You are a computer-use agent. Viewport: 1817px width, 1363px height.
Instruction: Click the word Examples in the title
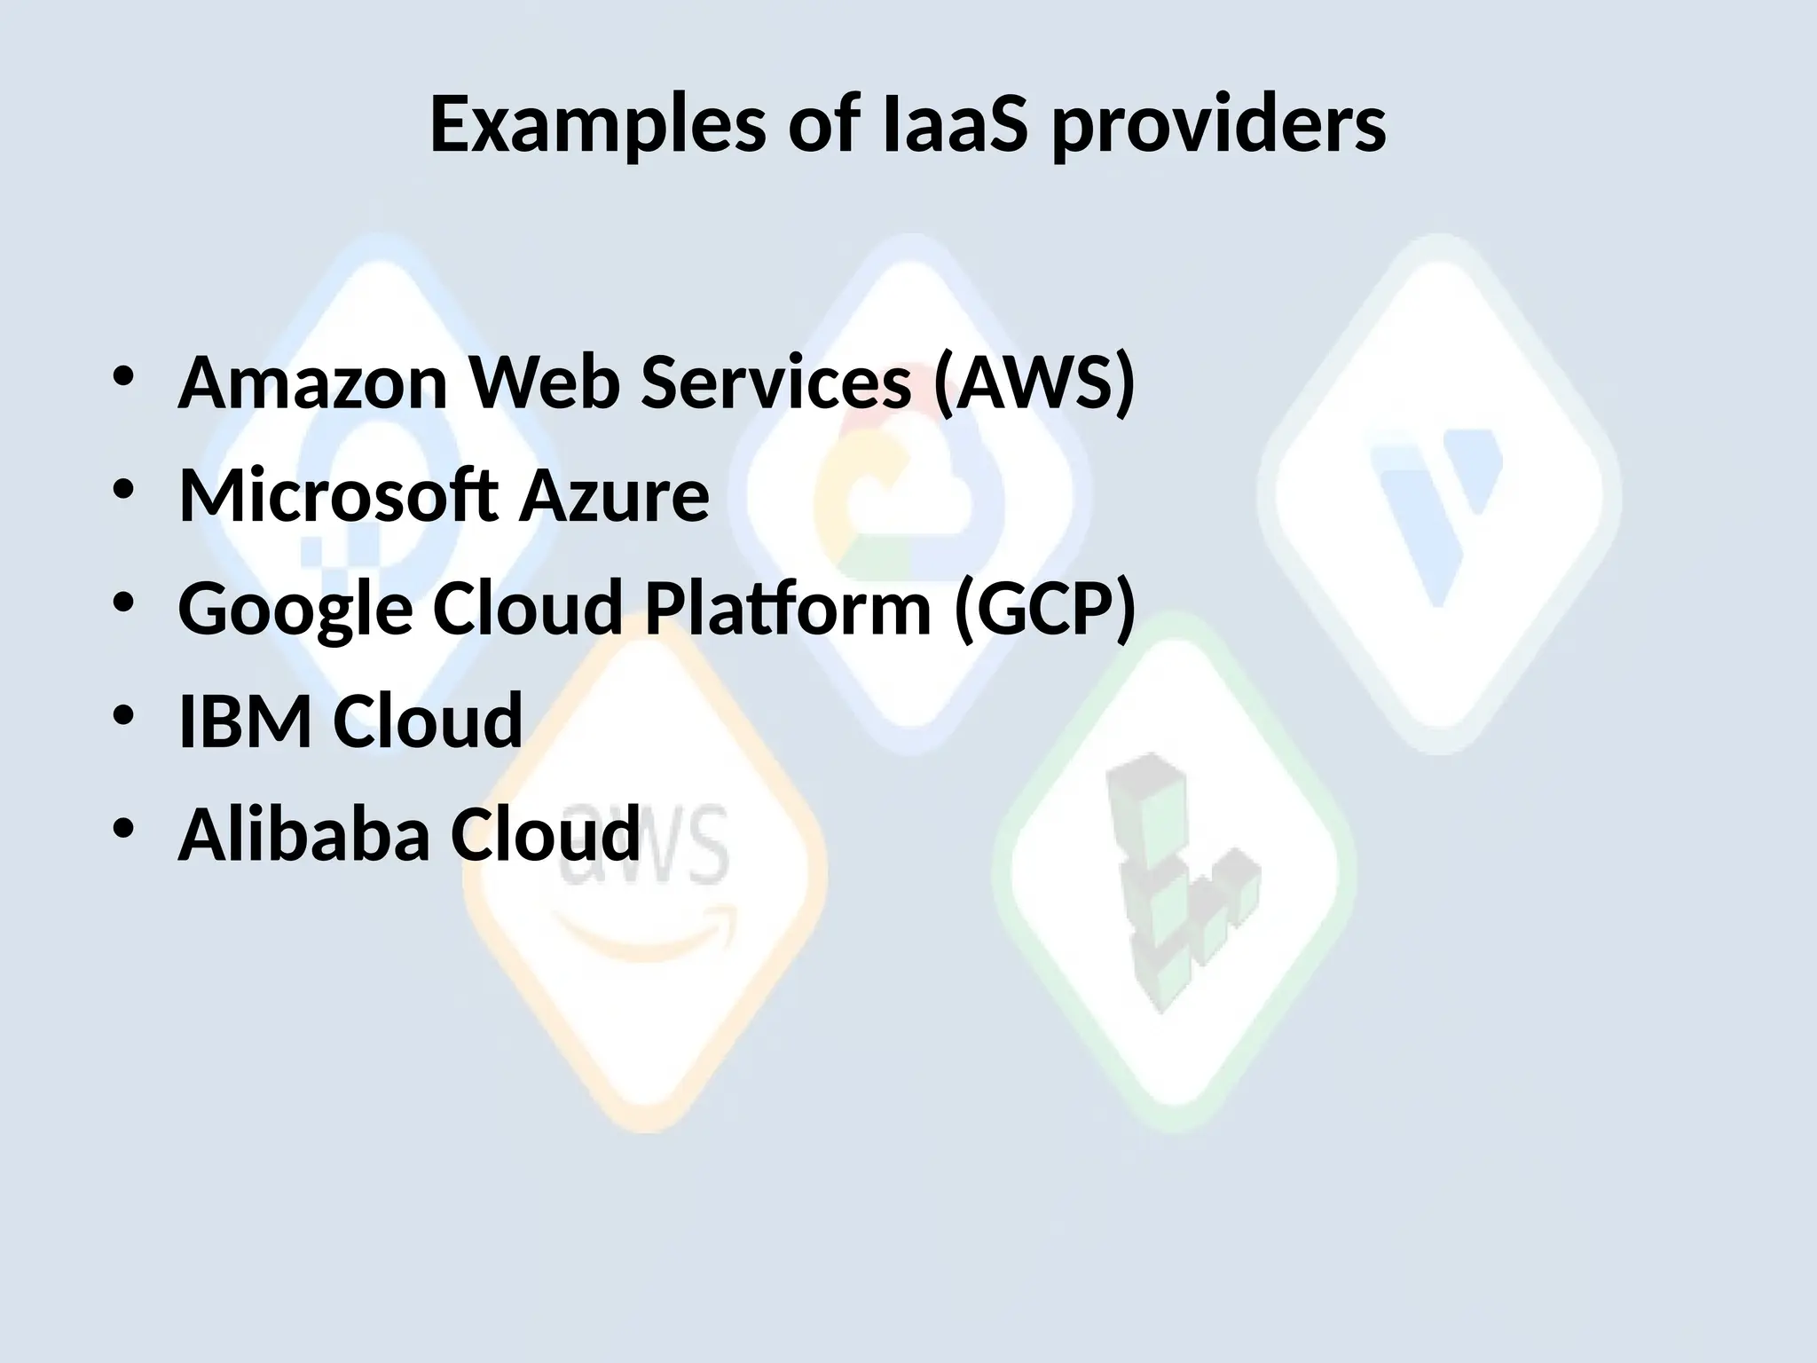pos(597,125)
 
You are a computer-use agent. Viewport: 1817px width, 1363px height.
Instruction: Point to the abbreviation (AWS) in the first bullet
pos(1033,382)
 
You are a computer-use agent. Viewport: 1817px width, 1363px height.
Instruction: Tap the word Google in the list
pos(295,609)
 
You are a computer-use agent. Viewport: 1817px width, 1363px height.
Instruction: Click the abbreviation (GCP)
pos(1043,609)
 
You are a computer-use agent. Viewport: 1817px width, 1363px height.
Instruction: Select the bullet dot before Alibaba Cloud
pos(123,827)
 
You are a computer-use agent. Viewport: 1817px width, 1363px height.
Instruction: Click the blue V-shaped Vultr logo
pos(1437,506)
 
